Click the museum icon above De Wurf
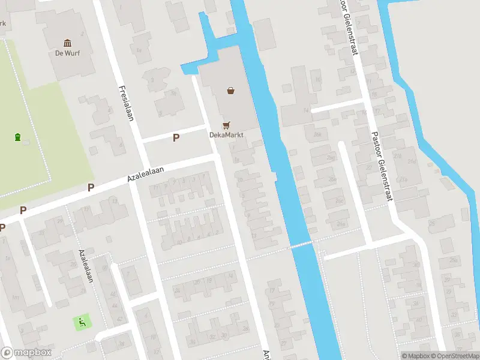[67, 43]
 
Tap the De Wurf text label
[67, 53]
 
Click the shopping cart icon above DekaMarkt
[226, 125]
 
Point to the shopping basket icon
[230, 91]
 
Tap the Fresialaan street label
[125, 102]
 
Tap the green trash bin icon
[18, 137]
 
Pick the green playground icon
[80, 322]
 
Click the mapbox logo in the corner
[26, 353]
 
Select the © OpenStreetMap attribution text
[455, 356]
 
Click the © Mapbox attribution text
[415, 356]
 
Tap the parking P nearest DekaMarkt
[176, 138]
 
